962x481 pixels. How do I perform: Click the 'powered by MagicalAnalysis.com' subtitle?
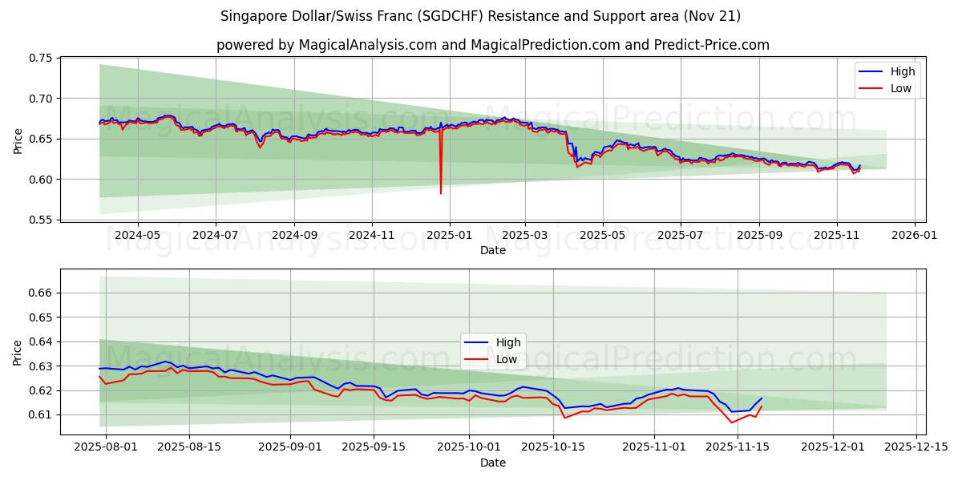click(492, 45)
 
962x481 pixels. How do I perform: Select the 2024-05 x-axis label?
click(137, 236)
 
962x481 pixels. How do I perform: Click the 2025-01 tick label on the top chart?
click(449, 236)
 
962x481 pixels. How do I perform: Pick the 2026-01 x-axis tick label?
click(915, 236)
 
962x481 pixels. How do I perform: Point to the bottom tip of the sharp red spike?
click(440, 193)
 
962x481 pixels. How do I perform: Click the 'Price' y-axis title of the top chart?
click(18, 139)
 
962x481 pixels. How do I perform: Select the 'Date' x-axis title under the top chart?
click(492, 250)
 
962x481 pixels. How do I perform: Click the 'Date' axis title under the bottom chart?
click(492, 463)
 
